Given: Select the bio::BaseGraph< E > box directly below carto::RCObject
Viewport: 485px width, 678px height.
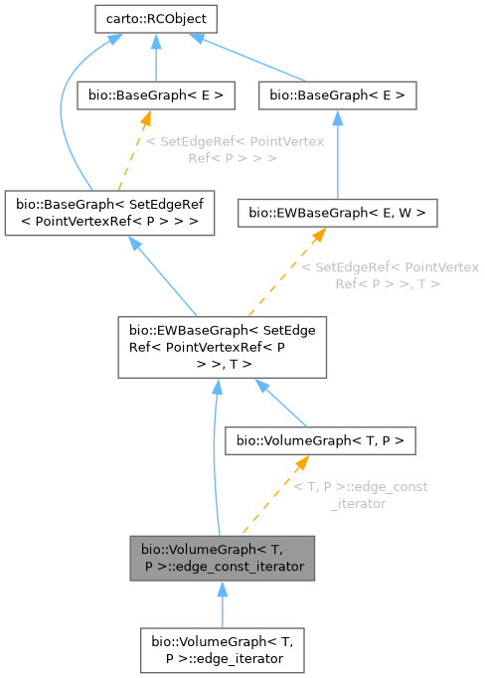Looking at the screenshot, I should (156, 96).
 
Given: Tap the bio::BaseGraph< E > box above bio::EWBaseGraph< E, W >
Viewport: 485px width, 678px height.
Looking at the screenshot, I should (337, 96).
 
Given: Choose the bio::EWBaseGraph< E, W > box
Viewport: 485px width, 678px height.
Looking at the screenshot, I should (337, 213).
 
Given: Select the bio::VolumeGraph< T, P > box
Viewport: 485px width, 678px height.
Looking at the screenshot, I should (321, 438).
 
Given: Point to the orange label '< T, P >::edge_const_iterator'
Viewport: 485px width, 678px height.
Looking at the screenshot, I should (361, 495).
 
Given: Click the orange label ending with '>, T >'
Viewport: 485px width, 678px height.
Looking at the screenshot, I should (389, 276).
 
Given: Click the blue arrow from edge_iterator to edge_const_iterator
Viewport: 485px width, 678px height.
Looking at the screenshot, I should (222, 602).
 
